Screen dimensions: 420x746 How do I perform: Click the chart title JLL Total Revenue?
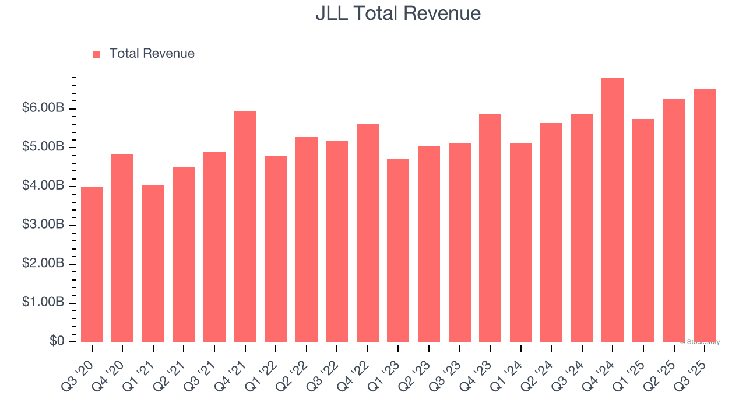[x=398, y=14]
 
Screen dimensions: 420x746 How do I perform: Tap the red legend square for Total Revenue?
[x=97, y=54]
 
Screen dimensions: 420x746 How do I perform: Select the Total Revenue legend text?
[x=152, y=54]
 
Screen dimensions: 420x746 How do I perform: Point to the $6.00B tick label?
[x=44, y=108]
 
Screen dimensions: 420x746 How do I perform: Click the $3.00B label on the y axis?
[x=44, y=225]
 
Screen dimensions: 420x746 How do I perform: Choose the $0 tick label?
[x=57, y=341]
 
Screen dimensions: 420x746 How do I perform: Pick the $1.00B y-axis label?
[x=44, y=303]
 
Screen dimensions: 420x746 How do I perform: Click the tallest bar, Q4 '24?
[x=613, y=209]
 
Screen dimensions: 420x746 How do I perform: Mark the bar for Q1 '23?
[x=398, y=250]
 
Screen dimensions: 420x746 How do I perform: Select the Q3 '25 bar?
[x=705, y=215]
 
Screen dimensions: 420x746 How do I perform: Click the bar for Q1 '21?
[x=153, y=263]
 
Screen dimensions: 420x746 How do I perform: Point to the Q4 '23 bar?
[x=490, y=228]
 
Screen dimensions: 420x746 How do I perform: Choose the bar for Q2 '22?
[x=307, y=239]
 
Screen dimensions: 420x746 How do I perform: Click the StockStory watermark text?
[x=700, y=342]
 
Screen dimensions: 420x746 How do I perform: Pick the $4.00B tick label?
[x=44, y=186]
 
